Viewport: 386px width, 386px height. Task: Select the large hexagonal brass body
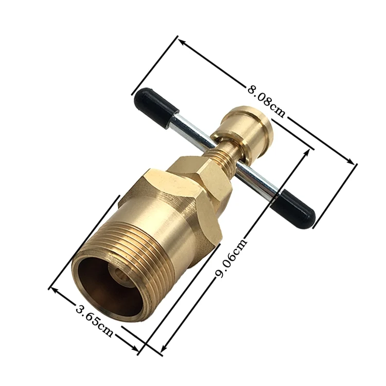coord(175,206)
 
